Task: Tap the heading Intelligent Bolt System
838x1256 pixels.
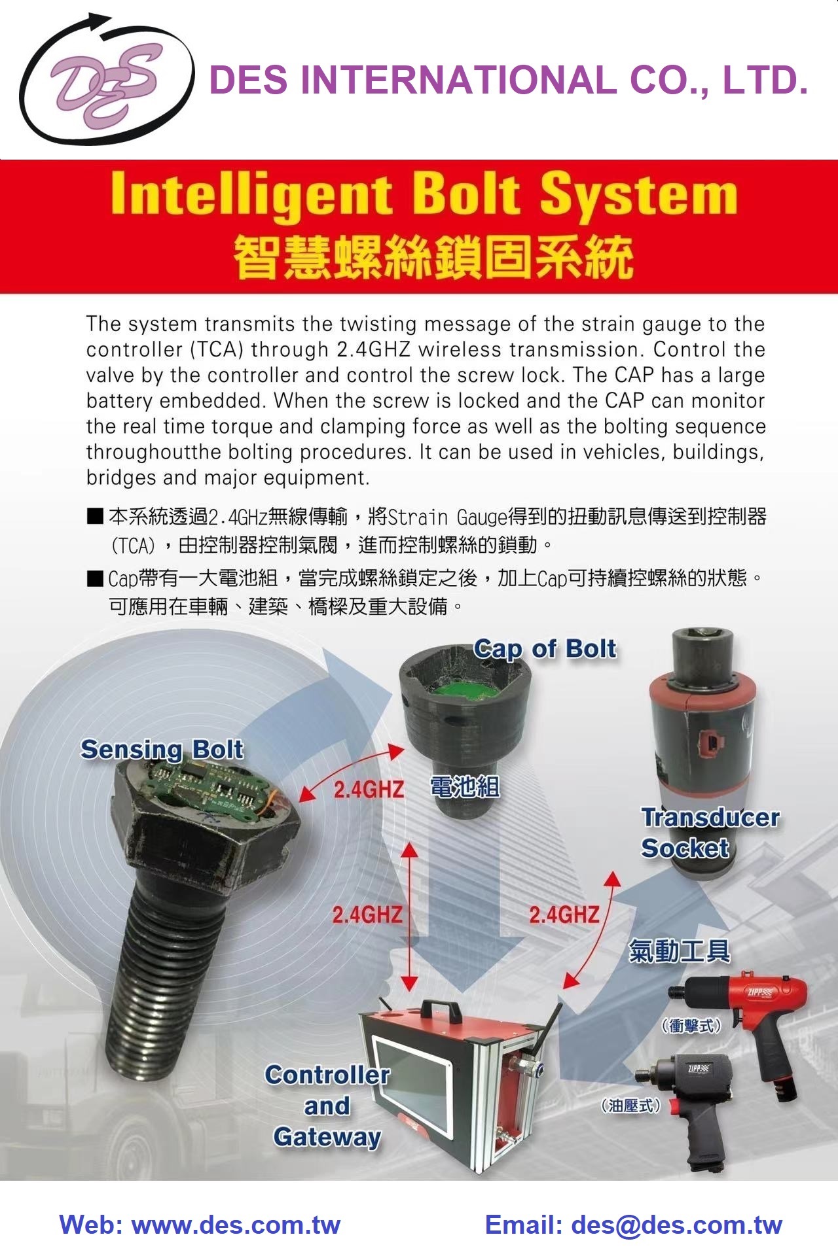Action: [424, 194]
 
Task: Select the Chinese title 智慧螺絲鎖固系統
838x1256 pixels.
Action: [433, 257]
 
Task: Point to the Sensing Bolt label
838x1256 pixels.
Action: [162, 750]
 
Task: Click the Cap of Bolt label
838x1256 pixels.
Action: [545, 649]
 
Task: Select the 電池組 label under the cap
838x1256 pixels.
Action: [465, 787]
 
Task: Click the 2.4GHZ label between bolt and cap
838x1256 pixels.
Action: [369, 790]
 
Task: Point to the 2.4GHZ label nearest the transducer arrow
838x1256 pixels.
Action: [564, 914]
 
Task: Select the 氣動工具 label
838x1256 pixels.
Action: [679, 951]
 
